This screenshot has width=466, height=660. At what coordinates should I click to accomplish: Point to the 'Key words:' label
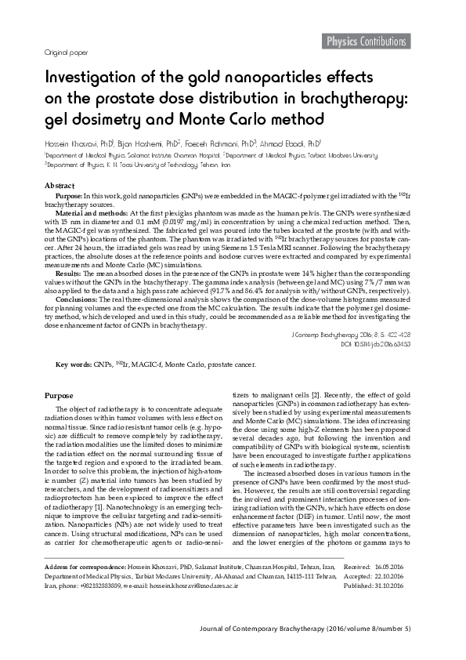coord(73,364)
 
